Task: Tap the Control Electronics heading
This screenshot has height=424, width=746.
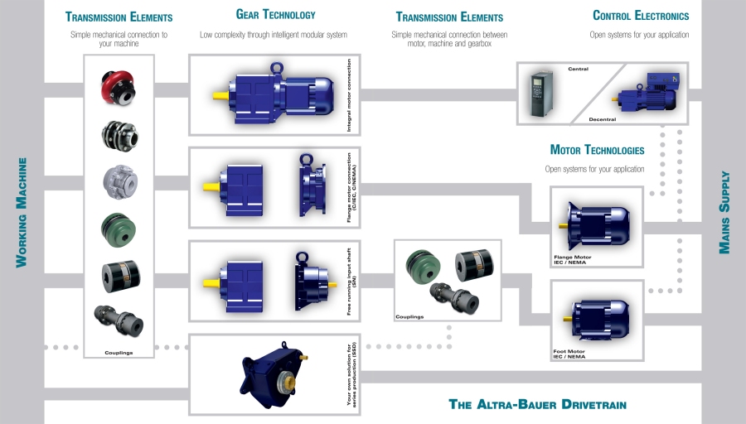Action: [641, 16]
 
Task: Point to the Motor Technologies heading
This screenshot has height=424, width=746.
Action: [597, 151]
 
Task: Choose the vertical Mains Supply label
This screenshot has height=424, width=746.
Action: [725, 213]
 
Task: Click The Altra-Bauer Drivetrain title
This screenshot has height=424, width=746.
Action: [537, 405]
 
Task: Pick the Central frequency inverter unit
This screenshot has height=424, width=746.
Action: [540, 94]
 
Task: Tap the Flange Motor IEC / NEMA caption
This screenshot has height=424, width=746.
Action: [573, 260]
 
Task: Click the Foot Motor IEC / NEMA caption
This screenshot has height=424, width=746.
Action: [569, 354]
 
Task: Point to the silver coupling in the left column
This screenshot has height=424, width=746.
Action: [118, 180]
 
